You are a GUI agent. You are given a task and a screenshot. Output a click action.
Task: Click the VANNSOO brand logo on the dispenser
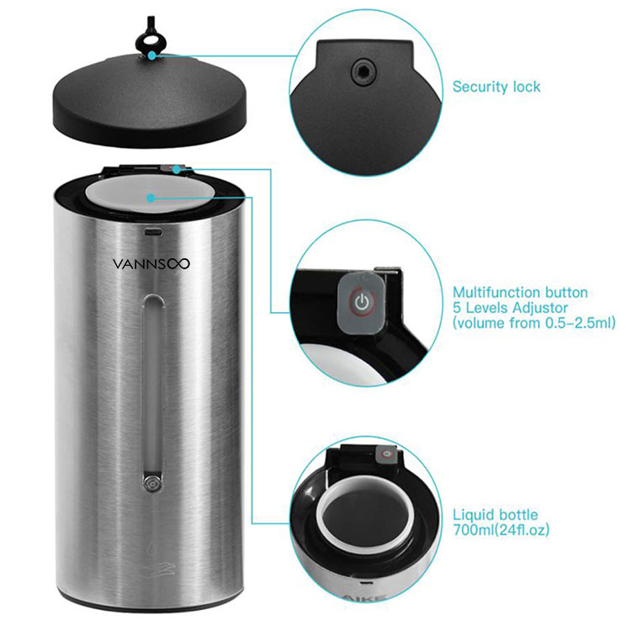tap(151, 264)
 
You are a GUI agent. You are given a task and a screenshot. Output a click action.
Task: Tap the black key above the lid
tap(150, 37)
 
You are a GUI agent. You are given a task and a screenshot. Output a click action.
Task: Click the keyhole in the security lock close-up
tap(363, 72)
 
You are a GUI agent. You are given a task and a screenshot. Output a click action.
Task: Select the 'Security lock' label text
tap(496, 87)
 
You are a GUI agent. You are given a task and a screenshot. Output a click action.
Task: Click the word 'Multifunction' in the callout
tap(496, 292)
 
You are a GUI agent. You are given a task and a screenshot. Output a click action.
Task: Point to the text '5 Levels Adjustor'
tap(511, 308)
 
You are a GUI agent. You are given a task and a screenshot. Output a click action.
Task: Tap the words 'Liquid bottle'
tap(496, 515)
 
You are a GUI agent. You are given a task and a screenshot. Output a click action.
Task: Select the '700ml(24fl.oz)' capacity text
tap(501, 530)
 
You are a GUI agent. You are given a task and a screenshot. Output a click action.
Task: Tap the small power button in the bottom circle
tap(387, 454)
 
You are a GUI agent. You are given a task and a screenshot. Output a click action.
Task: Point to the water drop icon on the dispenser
tap(151, 549)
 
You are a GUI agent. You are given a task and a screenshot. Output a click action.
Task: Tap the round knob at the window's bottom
tap(152, 483)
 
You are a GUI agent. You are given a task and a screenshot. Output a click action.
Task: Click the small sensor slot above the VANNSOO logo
tap(152, 231)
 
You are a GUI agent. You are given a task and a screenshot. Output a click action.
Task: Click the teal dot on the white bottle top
tap(151, 198)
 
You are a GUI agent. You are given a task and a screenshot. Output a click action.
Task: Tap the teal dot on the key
tap(151, 56)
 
